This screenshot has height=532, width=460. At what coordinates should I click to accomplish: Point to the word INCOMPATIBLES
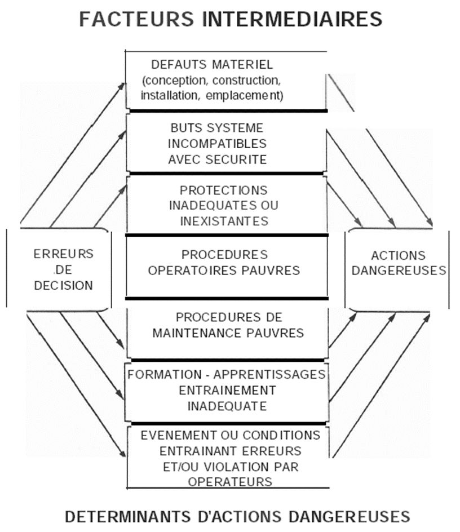[218, 144]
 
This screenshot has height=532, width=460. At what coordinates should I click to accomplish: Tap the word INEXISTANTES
[224, 220]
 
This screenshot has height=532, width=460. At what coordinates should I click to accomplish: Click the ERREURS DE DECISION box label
[63, 269]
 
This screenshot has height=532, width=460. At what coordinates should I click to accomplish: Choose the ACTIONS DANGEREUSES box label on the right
[398, 263]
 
